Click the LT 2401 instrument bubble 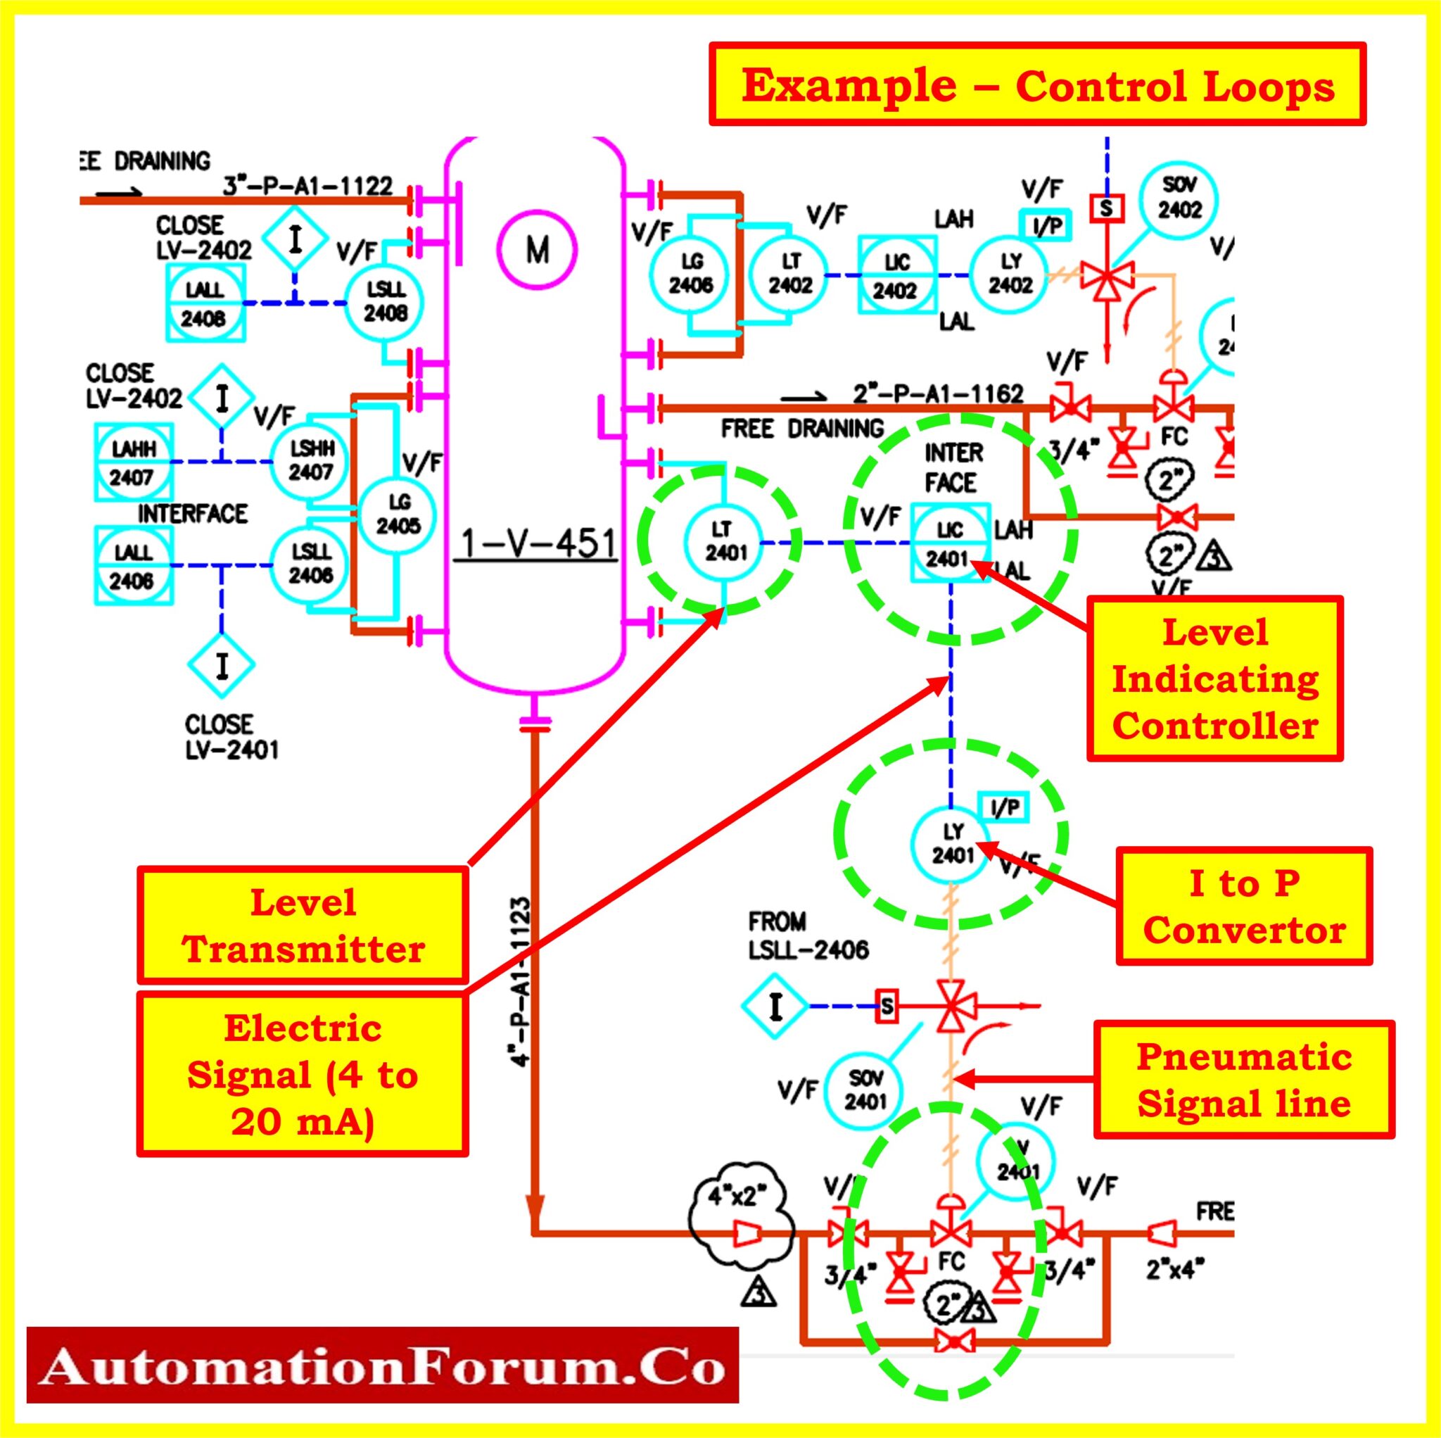[x=722, y=542]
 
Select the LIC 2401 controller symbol [x=948, y=544]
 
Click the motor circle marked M [x=537, y=250]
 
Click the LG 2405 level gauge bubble [x=398, y=515]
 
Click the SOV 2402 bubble [x=1179, y=198]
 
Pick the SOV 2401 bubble [x=865, y=1089]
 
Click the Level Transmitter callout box [x=303, y=926]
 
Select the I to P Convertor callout [x=1244, y=906]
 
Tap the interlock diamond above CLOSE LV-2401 [x=222, y=664]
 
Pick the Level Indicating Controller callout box [x=1214, y=679]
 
